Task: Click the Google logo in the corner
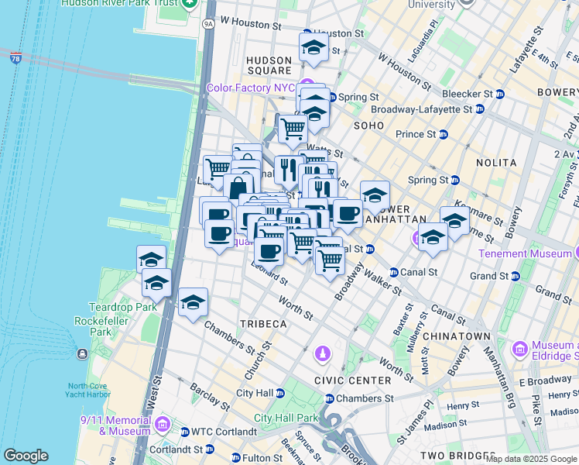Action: coord(26,456)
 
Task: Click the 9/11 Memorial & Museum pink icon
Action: coord(162,424)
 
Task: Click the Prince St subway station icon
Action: coord(444,134)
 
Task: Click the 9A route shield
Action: coord(207,25)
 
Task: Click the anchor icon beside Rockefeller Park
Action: coord(82,354)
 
